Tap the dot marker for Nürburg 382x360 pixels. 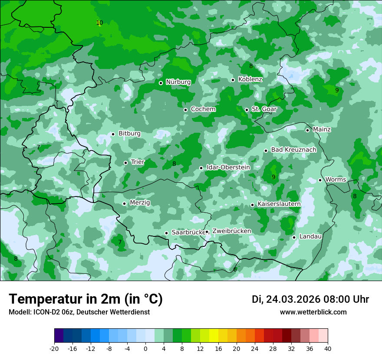click(161, 83)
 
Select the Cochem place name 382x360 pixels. click(203, 109)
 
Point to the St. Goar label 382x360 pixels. click(264, 109)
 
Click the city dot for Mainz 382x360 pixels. click(307, 130)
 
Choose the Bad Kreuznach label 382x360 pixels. click(293, 150)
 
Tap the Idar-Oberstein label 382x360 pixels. click(228, 167)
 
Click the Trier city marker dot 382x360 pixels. click(125, 163)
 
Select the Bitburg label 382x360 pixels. click(129, 134)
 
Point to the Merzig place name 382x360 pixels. click(140, 203)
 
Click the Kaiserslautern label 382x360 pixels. click(279, 204)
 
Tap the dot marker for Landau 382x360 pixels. click(294, 237)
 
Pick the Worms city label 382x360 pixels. click(336, 180)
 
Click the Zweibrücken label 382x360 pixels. click(231, 231)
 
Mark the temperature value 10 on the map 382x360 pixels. click(99, 23)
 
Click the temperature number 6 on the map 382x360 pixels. click(235, 269)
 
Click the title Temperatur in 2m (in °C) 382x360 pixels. click(86, 299)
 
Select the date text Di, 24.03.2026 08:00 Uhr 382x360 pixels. click(310, 299)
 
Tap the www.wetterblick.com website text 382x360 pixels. click(313, 312)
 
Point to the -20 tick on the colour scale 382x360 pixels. click(54, 348)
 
